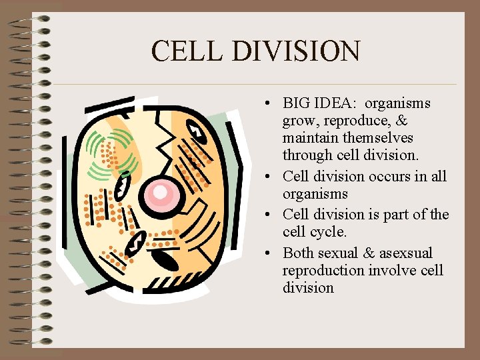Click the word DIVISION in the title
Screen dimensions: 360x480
pyautogui.click(x=295, y=51)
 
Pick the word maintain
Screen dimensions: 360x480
pyautogui.click(x=309, y=139)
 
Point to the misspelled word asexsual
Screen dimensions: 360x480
pyautogui.click(x=406, y=253)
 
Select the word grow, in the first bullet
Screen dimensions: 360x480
pyautogui.click(x=299, y=121)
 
